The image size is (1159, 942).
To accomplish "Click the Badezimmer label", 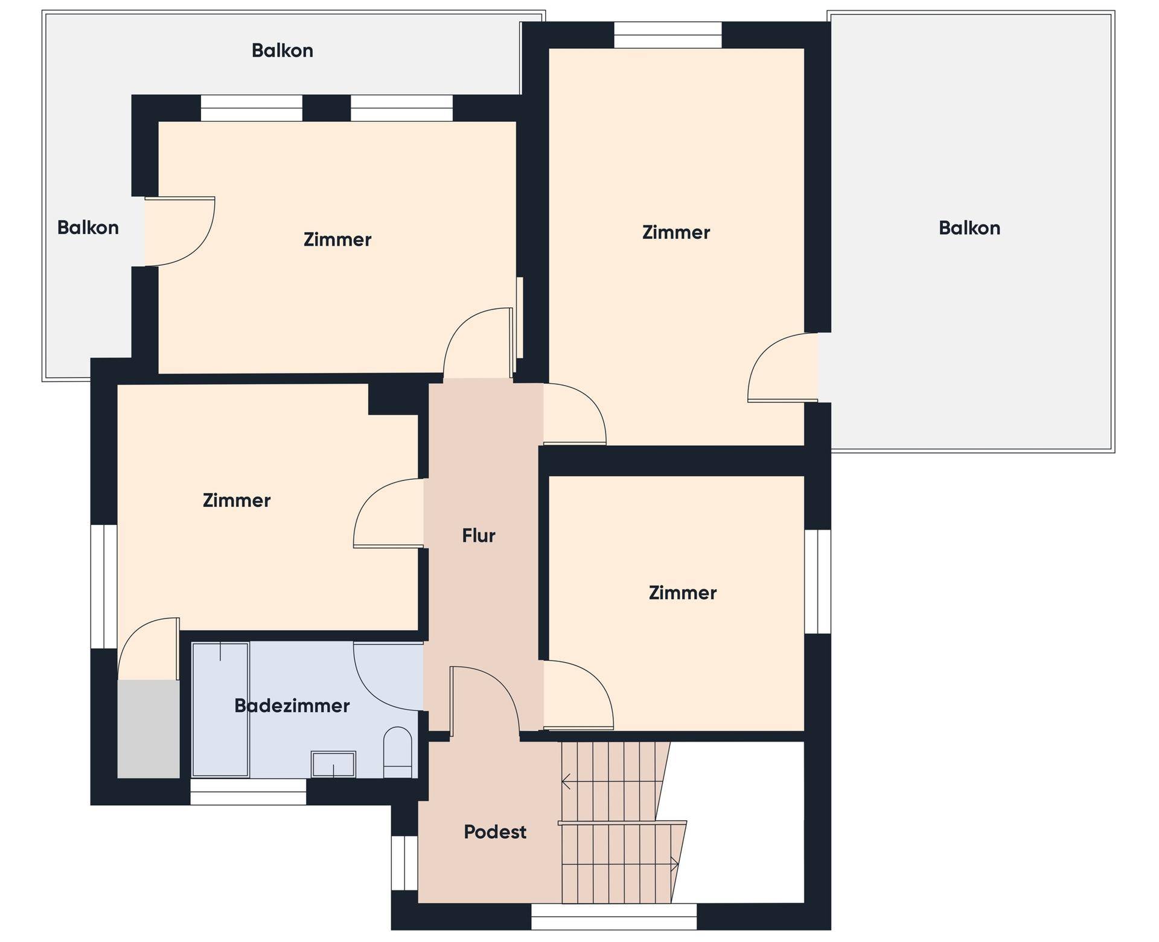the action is [292, 705].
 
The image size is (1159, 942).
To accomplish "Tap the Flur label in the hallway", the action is [479, 535].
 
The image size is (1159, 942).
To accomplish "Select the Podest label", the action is [495, 832].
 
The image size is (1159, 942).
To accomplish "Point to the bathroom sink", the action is [333, 764].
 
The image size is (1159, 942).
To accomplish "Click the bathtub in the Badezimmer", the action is [220, 710].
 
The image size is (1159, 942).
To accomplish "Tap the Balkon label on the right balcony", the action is [969, 228].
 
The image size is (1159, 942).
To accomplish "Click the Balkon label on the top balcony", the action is [283, 51].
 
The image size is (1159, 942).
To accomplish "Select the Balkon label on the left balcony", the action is [88, 228].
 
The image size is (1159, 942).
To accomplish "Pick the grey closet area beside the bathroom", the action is [148, 729].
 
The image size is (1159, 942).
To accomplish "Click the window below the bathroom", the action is [248, 792].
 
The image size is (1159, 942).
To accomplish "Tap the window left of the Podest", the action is [404, 863].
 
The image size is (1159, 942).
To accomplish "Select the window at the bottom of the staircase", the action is [614, 916].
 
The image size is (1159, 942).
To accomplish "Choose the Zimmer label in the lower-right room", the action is [683, 593].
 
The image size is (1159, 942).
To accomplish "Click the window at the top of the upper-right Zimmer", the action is [668, 35].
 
